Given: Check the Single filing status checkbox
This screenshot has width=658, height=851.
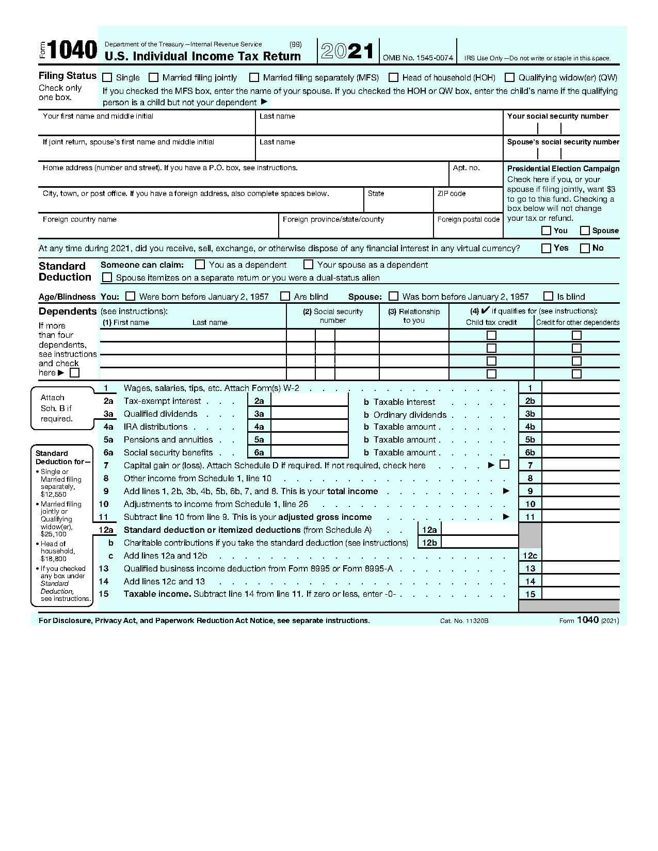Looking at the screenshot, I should [107, 77].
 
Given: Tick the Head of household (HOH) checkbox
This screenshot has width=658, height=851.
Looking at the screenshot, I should [393, 77].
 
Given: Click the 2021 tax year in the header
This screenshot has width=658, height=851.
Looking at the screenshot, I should [347, 52].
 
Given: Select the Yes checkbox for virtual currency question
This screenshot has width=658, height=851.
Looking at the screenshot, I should [546, 248].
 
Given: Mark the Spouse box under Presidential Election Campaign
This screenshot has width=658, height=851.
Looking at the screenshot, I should [585, 231].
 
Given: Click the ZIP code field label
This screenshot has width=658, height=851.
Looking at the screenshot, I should [451, 193].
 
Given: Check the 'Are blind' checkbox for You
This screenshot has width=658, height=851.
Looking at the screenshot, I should [285, 296].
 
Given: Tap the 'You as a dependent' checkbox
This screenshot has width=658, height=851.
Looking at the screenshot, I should [200, 265].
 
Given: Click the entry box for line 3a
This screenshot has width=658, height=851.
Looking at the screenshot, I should [309, 414].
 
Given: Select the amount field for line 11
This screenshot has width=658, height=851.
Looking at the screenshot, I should [580, 517].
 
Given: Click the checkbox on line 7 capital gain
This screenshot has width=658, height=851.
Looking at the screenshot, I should [504, 465].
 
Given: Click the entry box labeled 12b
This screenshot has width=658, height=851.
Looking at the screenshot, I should [479, 543].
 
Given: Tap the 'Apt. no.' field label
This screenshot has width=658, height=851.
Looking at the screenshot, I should [466, 168].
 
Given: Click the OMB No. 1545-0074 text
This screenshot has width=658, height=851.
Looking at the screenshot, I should [418, 58].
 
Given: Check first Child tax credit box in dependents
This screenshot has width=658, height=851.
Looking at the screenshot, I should [491, 335].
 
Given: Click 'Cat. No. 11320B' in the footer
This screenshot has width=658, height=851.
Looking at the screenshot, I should [464, 620].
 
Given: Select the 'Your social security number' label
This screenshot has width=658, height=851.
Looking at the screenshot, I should [557, 116].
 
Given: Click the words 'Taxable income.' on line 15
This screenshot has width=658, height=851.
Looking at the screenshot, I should [157, 594].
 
